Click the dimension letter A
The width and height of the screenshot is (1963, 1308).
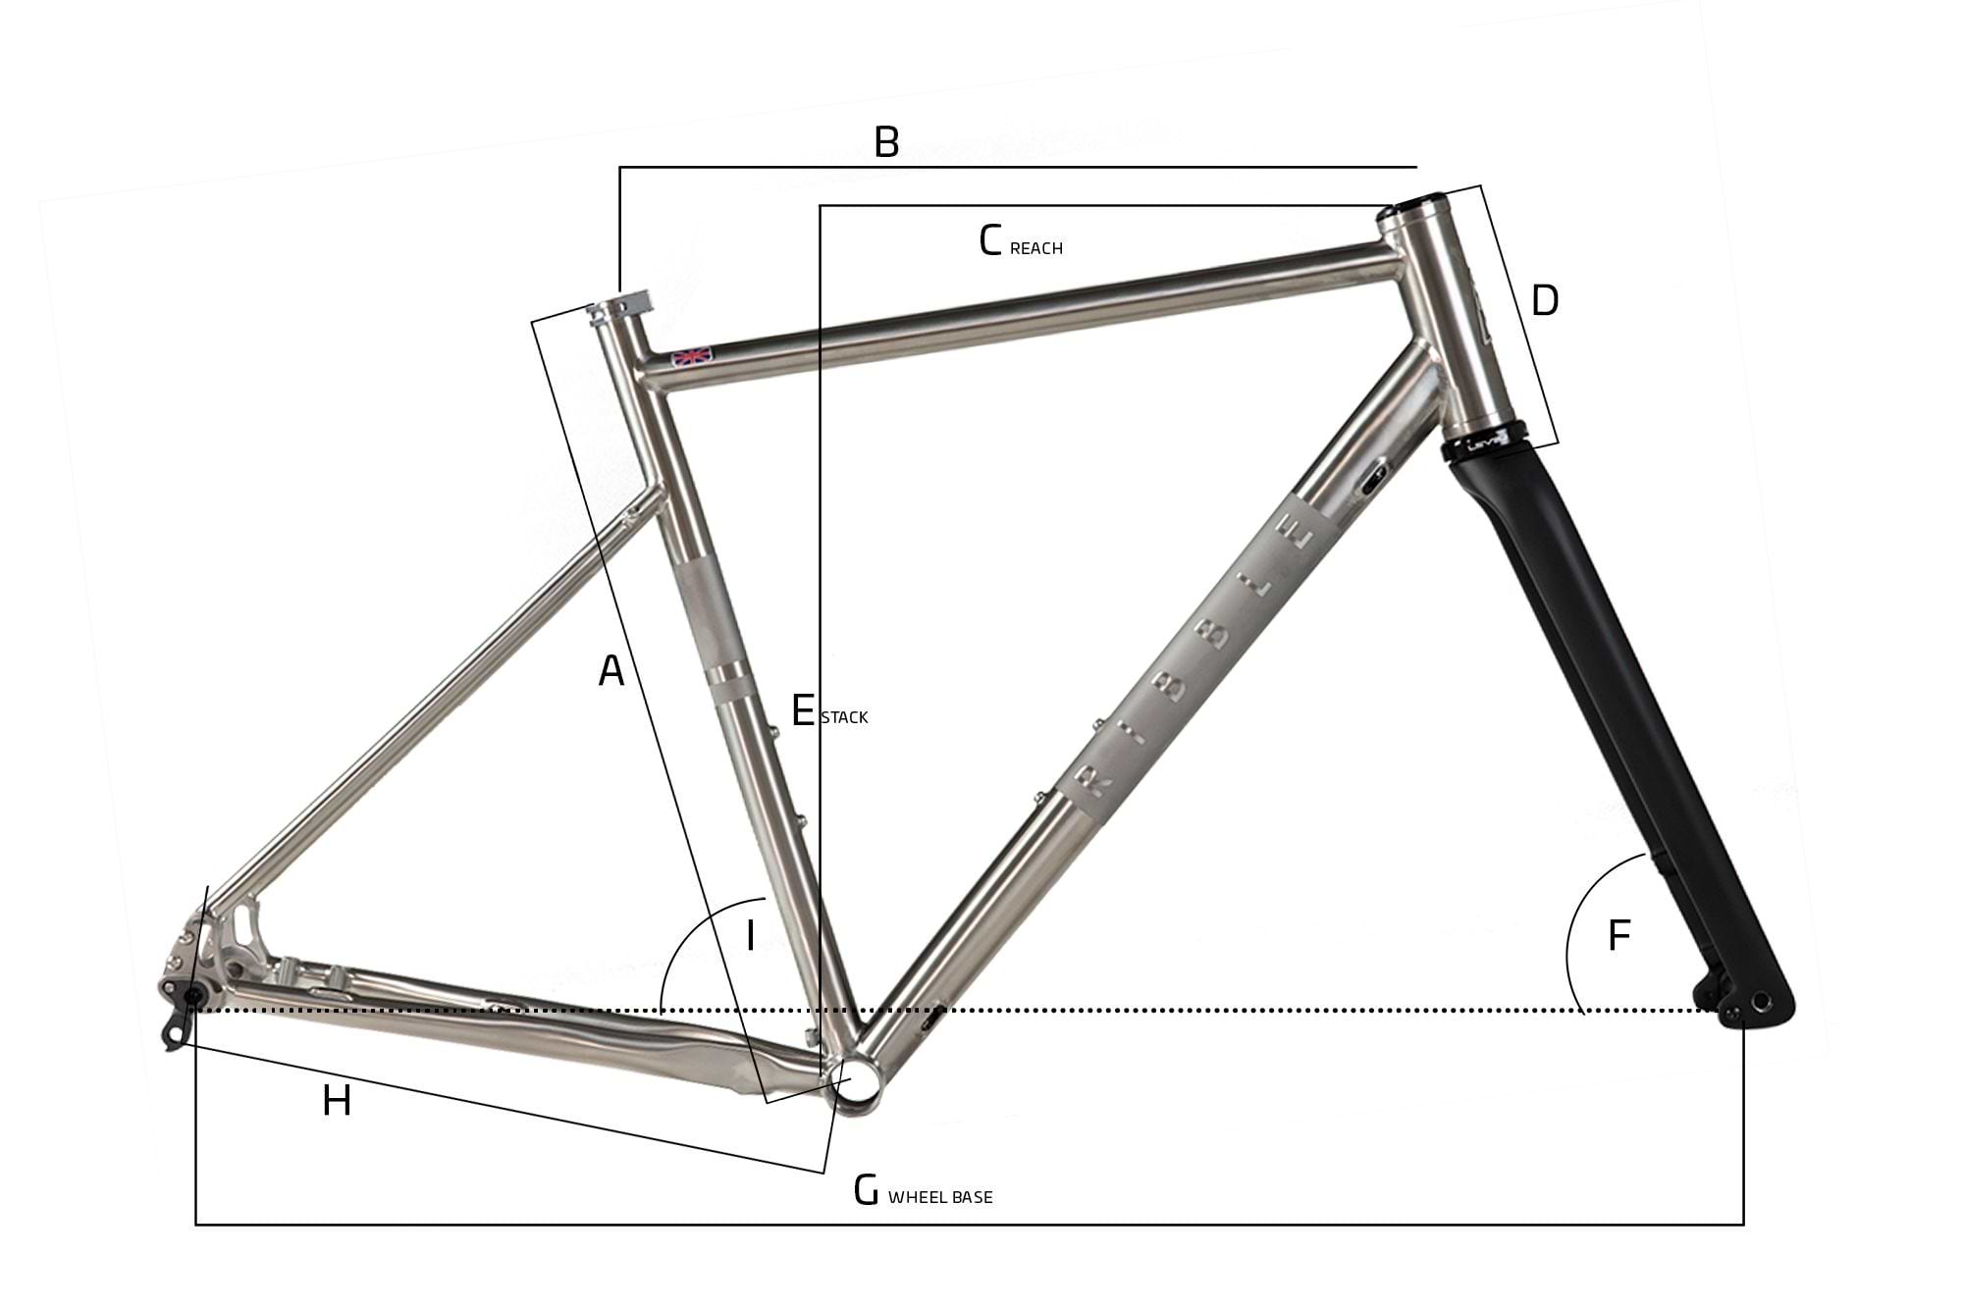point(611,671)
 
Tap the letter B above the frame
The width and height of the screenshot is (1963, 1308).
point(886,143)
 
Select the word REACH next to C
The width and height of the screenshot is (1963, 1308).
point(1035,249)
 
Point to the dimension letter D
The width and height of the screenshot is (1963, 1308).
point(1544,301)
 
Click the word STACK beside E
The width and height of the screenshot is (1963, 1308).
point(844,717)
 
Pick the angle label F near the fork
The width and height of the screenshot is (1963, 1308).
point(1618,936)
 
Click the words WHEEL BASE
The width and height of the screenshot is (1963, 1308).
point(940,1197)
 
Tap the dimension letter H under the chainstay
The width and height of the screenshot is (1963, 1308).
point(337,1102)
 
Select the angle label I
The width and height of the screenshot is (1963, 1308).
point(750,936)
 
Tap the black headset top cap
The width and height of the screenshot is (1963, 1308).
point(1419,205)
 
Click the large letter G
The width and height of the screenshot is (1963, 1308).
point(866,1190)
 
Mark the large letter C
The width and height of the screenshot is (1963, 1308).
point(990,241)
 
